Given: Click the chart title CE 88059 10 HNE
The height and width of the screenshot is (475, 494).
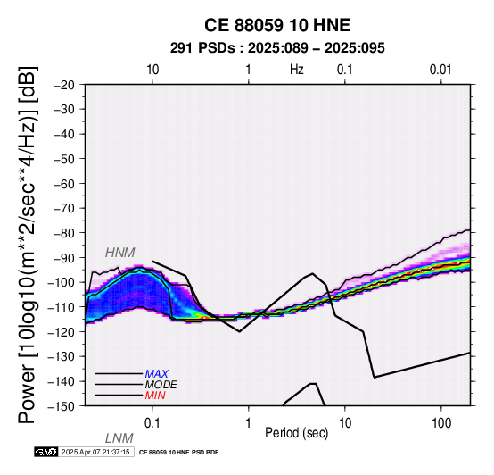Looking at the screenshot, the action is coord(277,25).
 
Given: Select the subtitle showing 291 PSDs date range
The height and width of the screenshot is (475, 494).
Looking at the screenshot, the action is coord(277,48).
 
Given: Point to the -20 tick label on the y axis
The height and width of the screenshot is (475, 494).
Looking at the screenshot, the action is coord(64,85).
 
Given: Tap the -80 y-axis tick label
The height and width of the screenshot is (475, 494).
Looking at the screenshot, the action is coord(64,233).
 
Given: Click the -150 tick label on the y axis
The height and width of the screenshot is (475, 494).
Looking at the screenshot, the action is coord(62,406).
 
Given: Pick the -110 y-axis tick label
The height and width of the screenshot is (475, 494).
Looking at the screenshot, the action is coord(62,307).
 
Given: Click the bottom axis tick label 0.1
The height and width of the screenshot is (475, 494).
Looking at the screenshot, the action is coord(152,423).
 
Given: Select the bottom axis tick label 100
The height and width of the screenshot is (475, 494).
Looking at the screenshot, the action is coord(441,423).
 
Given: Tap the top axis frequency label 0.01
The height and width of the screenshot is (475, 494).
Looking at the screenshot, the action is coord(440,70).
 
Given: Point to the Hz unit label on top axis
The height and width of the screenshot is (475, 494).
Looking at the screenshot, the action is coord(297,70).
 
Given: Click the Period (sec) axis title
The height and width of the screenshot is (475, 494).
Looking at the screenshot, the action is coord(296,433).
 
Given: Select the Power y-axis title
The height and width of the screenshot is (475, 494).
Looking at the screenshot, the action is coord(28,245).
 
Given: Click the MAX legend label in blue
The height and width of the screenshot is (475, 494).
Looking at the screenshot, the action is coord(157,374).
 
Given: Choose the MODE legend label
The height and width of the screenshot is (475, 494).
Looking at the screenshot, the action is coord(161,385).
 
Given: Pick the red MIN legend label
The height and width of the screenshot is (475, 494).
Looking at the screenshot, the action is coord(155,396).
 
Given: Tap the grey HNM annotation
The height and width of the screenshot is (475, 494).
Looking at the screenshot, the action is coord(120,253).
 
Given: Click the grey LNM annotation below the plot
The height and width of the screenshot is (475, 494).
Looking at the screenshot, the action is coord(119,438).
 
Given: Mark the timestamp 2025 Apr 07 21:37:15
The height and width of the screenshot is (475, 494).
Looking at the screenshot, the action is coord(95,453).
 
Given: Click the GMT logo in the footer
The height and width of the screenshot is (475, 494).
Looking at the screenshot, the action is coord(46,452).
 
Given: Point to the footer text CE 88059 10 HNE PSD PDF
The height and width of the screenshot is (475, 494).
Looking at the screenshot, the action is coord(178,453).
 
